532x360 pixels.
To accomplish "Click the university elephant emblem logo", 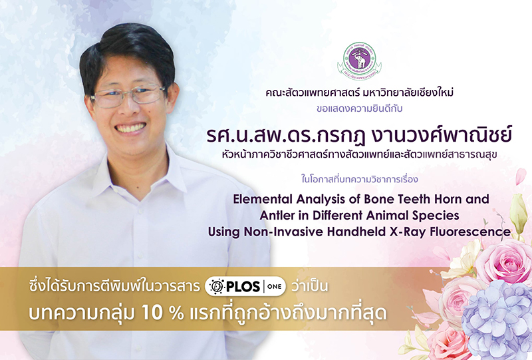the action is [x=359, y=60].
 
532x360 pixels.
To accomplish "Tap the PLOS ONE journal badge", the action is [x=245, y=286].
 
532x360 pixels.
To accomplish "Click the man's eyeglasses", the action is [x=128, y=95].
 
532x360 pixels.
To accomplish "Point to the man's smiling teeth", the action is [x=130, y=128].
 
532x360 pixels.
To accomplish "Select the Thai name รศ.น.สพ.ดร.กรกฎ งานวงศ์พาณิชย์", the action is [x=359, y=135].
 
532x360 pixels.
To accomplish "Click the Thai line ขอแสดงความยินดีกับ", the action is [x=359, y=108].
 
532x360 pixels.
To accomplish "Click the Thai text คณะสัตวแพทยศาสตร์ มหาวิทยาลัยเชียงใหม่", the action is [x=359, y=92].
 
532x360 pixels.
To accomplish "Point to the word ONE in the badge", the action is [x=274, y=286].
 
